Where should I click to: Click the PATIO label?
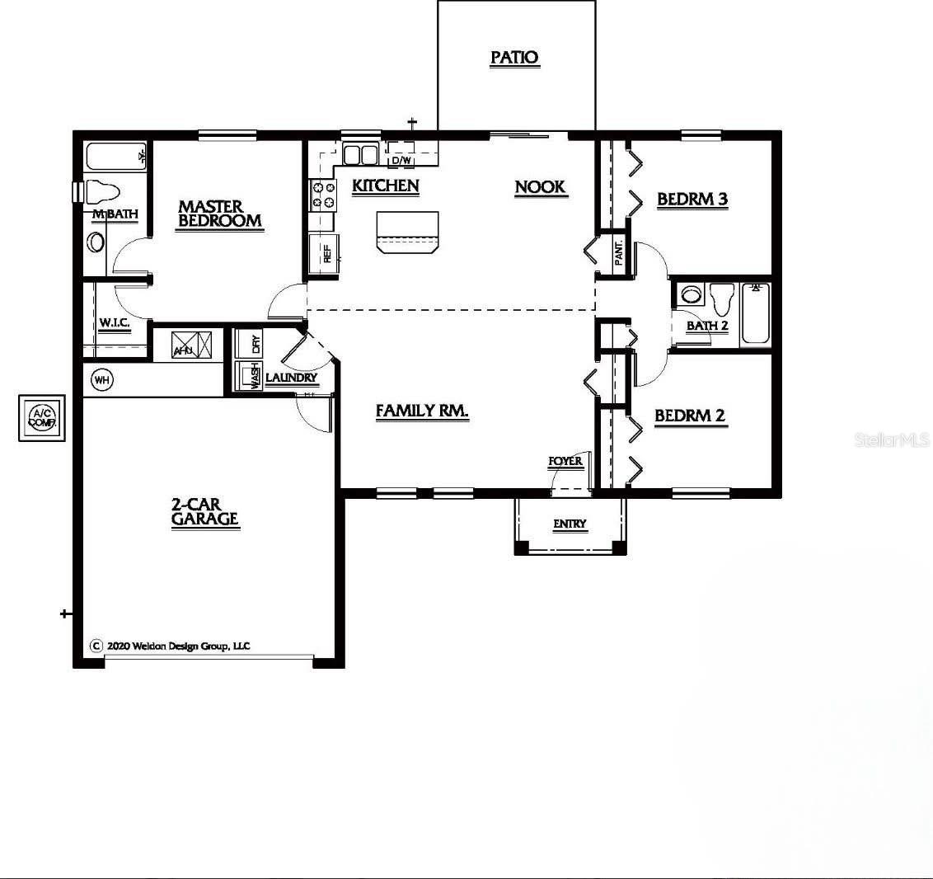[x=514, y=58]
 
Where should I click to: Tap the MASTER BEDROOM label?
[x=219, y=214]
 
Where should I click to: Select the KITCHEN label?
[x=385, y=186]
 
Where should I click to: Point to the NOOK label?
[x=540, y=187]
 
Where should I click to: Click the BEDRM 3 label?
[x=692, y=200]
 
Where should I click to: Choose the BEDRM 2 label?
[x=689, y=416]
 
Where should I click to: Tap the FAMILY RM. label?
[x=422, y=411]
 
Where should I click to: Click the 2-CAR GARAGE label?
[x=204, y=511]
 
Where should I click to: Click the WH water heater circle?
[x=102, y=380]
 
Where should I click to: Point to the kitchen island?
[x=407, y=231]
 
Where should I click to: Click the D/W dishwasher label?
[x=401, y=160]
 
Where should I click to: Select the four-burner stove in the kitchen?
[x=322, y=195]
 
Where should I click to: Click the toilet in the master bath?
[x=101, y=193]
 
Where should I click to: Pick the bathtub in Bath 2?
[x=755, y=313]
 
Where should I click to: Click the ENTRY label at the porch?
[x=570, y=524]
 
